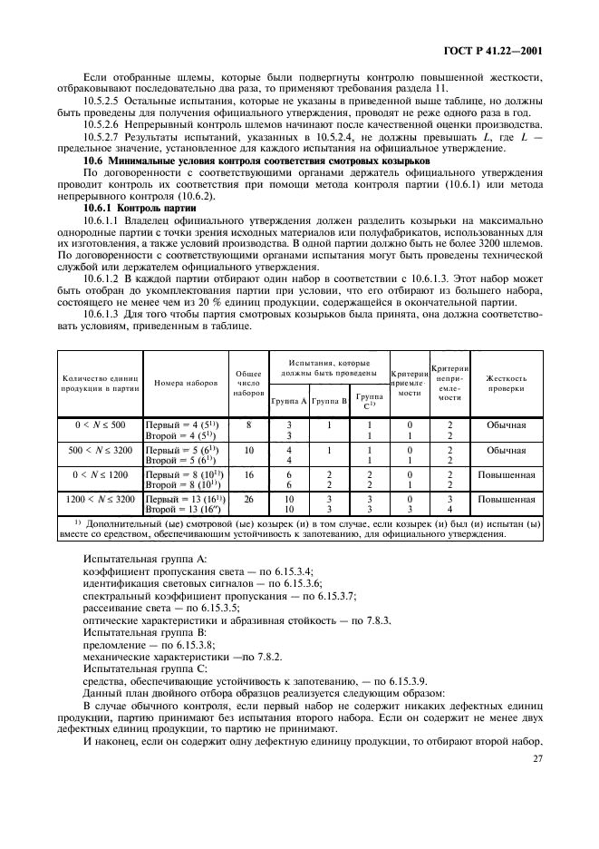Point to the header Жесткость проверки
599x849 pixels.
[507, 382]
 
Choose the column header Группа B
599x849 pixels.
[330, 400]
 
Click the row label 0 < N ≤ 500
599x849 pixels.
[101, 424]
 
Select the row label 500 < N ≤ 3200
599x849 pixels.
[101, 449]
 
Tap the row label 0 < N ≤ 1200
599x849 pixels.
[101, 473]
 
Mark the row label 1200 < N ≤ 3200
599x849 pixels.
[101, 498]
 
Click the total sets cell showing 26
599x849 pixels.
[247, 498]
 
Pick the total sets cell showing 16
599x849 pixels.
[247, 473]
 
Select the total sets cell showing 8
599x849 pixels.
[247, 424]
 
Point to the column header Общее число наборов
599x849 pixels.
[247, 382]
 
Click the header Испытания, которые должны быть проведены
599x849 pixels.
[329, 366]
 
